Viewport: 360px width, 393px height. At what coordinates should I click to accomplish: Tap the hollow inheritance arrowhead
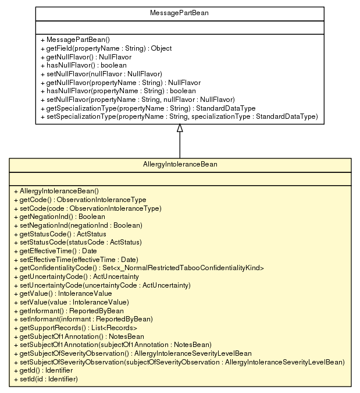pyautogui.click(x=180, y=128)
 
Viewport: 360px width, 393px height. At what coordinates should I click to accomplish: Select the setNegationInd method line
pyautogui.click(x=77, y=225)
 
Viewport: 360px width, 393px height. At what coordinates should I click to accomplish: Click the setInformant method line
pyautogui.click(x=83, y=319)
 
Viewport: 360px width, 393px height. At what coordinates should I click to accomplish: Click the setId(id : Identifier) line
pyautogui.click(x=45, y=379)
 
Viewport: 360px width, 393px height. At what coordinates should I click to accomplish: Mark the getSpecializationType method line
pyautogui.click(x=148, y=108)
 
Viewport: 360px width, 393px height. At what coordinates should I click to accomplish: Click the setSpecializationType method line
pyautogui.click(x=179, y=116)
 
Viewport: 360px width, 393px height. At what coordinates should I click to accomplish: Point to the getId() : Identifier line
pyautogui.click(x=42, y=370)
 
